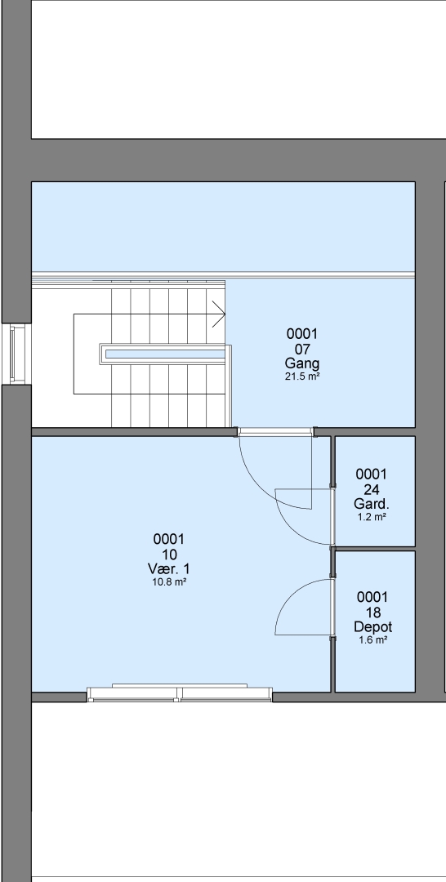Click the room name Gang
click(x=302, y=363)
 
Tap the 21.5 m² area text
click(x=302, y=376)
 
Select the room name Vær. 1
click(x=169, y=568)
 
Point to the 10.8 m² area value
click(x=169, y=582)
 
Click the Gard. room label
click(x=372, y=503)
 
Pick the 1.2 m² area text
click(x=372, y=517)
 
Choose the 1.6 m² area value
click(x=372, y=640)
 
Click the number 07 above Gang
click(x=302, y=349)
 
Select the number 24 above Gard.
click(x=372, y=489)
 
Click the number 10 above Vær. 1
click(x=169, y=554)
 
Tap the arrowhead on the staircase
click(x=219, y=314)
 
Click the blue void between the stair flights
click(x=165, y=354)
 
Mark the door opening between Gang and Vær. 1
click(x=275, y=432)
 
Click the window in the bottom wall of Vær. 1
click(x=180, y=694)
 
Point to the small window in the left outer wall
click(x=16, y=354)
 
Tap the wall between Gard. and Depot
click(x=375, y=549)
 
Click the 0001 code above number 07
click(x=302, y=334)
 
